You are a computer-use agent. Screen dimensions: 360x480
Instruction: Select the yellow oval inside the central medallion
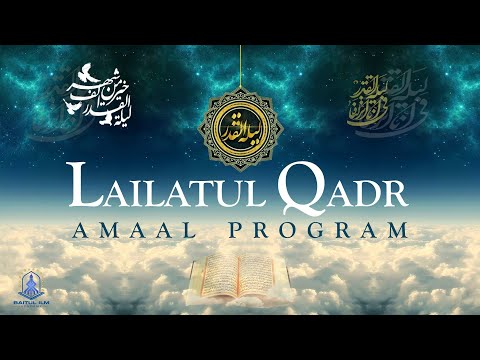pos(240,125)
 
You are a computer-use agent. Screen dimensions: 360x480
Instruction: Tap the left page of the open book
pos(217,271)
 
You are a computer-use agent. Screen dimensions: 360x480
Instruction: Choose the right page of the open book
pos(262,271)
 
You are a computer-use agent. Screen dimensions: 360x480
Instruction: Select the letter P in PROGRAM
pos(237,229)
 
